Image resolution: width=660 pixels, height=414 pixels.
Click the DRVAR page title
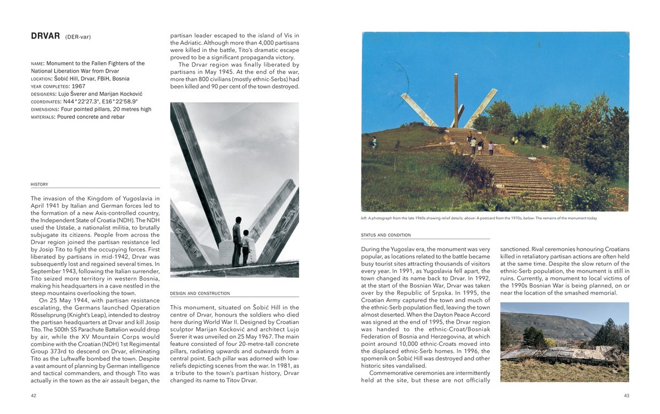point(45,36)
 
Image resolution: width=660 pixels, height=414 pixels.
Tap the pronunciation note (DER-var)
point(78,37)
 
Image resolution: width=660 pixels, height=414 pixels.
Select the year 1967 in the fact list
point(78,86)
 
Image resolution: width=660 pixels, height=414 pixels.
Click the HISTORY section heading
point(40,185)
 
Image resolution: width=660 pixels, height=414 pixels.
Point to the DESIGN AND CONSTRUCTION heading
point(200,294)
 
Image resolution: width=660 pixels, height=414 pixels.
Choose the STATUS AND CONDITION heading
point(386,235)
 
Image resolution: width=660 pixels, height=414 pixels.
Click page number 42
point(34,395)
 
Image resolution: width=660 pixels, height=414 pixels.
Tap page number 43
point(626,395)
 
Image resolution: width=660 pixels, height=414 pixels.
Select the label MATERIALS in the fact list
point(43,117)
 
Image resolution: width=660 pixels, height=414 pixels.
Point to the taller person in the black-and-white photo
point(237,241)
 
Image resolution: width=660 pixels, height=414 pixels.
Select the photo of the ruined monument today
point(564,341)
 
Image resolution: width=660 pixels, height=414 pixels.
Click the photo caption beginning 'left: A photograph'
point(479,218)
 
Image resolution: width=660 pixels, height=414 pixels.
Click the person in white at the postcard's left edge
point(374,142)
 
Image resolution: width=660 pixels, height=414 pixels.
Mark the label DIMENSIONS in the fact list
point(44,109)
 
